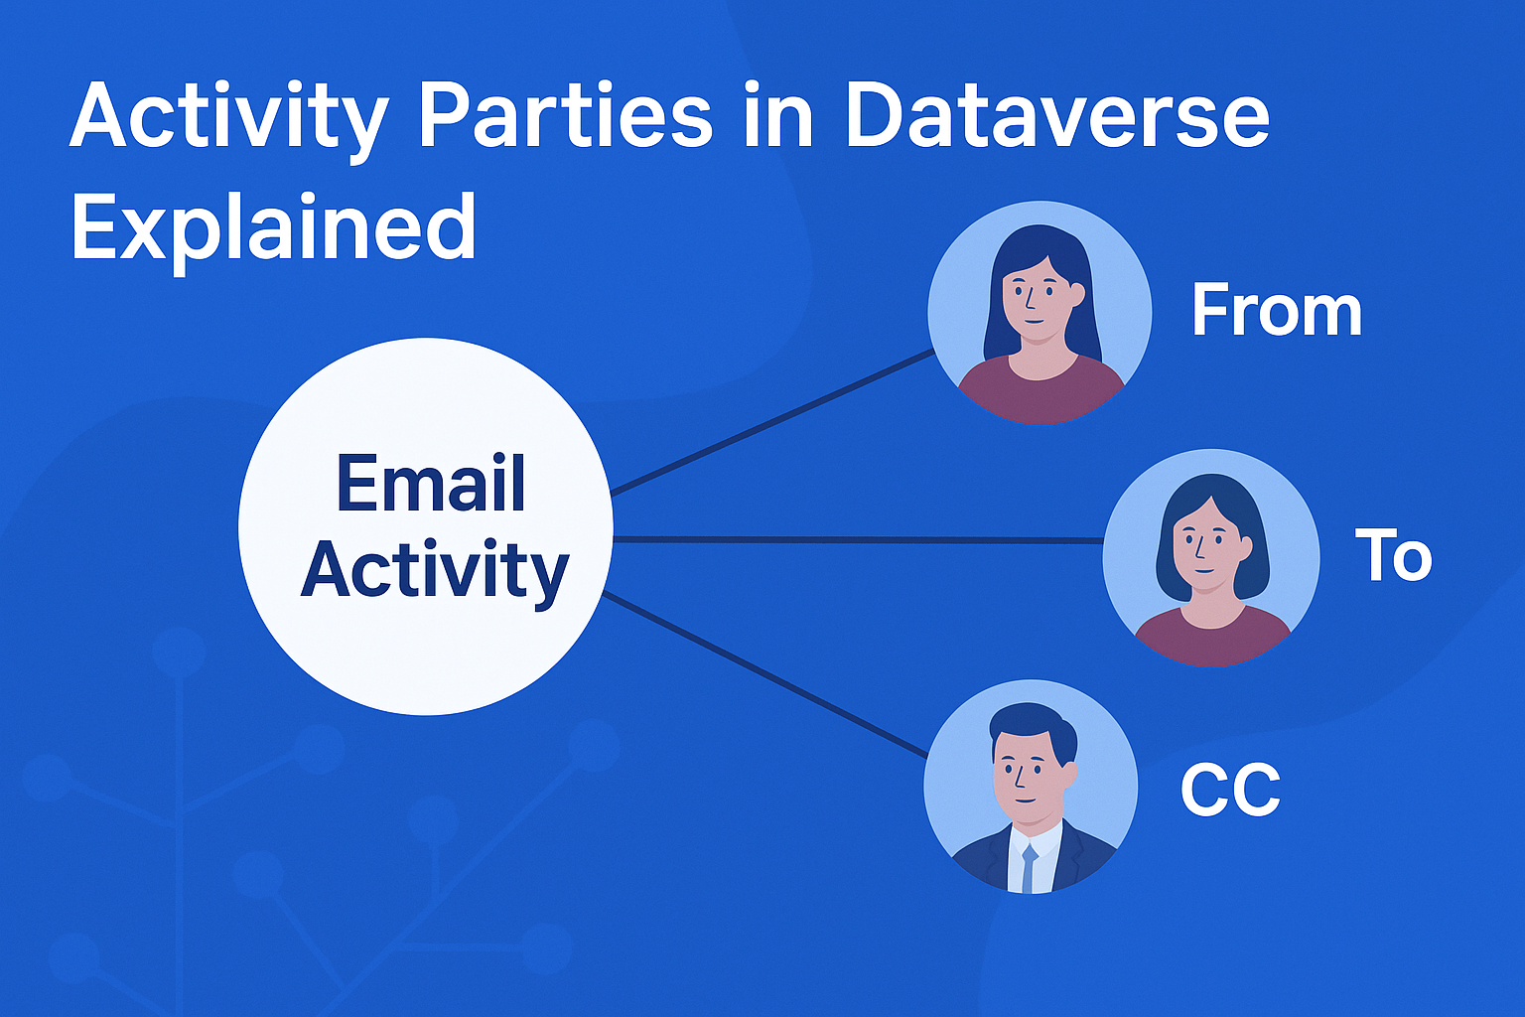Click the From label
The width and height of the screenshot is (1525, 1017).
1277,311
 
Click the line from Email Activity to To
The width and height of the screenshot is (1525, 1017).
858,540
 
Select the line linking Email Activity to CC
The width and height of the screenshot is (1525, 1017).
765,675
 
